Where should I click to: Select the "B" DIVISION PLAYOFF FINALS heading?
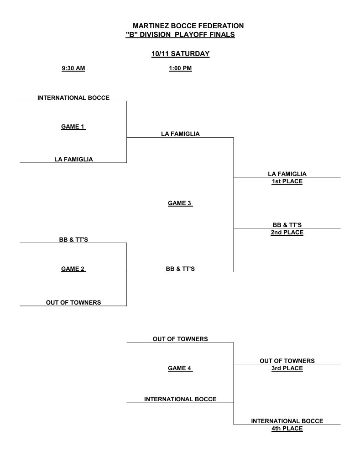[x=180, y=35]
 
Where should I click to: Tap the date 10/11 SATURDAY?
[x=180, y=54]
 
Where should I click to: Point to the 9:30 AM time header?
[x=73, y=68]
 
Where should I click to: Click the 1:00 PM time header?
[x=180, y=68]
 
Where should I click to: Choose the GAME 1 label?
[x=73, y=127]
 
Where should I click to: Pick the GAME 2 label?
[x=73, y=269]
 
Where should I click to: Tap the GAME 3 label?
[x=180, y=203]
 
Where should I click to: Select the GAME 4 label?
[x=180, y=368]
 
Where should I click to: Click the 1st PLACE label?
[x=287, y=181]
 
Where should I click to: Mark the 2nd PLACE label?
[x=287, y=233]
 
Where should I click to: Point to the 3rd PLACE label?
[x=287, y=368]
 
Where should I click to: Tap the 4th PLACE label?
[x=287, y=429]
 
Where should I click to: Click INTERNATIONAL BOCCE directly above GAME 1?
[x=73, y=98]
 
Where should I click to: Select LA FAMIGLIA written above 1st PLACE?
[x=287, y=174]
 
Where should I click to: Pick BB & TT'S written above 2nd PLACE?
[x=287, y=225]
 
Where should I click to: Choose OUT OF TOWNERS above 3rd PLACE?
[x=287, y=361]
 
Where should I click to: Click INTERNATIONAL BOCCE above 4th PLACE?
[x=287, y=421]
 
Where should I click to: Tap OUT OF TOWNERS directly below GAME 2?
[x=73, y=302]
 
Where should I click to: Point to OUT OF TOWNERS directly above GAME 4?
[x=180, y=339]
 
